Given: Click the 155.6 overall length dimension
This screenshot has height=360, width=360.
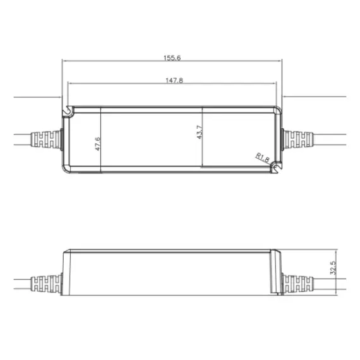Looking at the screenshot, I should pos(172,57).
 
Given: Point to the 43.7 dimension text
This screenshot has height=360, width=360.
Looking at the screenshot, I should pos(200,133).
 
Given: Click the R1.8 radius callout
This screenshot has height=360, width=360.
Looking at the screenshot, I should pos(261,158).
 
